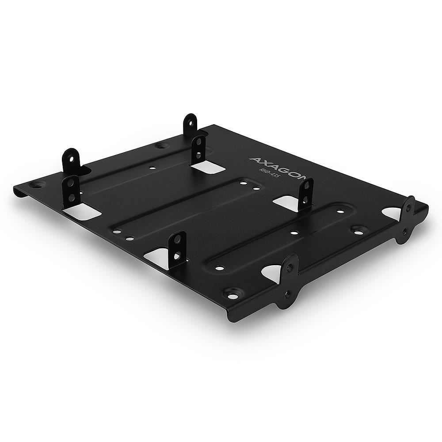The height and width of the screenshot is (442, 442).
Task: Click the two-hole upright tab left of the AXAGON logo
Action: coord(199,151)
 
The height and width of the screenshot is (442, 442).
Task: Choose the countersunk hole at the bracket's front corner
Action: coord(231,293)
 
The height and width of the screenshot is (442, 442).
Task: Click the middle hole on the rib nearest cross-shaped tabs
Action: coord(293,232)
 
